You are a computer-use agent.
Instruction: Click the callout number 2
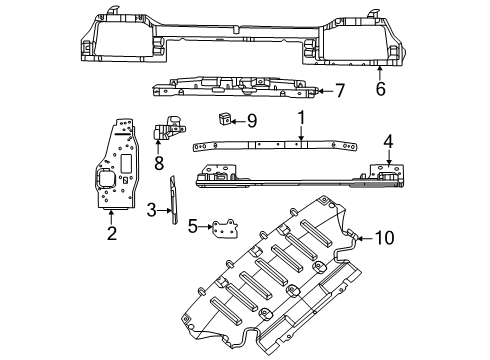(111, 233)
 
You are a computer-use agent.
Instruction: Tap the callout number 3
(150, 211)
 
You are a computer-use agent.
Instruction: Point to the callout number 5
(192, 226)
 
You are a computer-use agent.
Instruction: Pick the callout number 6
(379, 89)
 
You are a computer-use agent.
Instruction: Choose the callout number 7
(339, 91)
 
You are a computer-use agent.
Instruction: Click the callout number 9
(251, 121)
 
